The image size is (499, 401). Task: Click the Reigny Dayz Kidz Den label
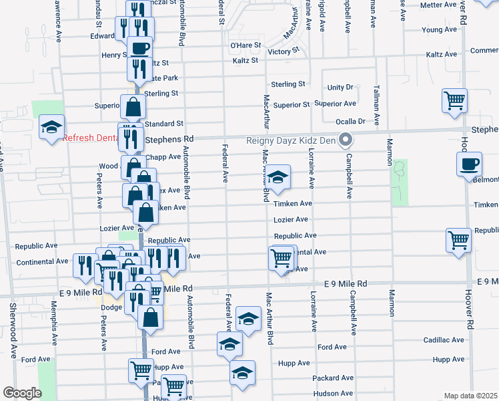point(291,140)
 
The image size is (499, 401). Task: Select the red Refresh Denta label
point(90,138)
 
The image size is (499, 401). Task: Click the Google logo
point(21,393)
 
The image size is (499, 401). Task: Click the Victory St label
point(282,51)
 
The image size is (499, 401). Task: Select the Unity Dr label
point(340,88)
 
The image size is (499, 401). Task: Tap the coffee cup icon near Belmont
point(469,164)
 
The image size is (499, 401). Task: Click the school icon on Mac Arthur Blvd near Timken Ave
point(280,177)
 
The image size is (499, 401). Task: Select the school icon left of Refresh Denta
point(51,128)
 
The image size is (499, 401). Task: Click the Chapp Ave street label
point(167,157)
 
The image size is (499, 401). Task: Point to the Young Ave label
point(439,30)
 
